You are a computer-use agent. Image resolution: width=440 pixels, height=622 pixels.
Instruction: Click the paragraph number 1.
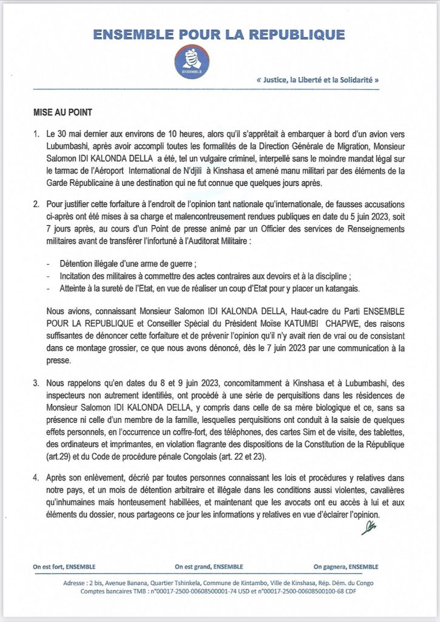click(x=37, y=132)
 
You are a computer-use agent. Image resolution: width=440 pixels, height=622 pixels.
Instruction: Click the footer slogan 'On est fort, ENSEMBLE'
click(x=64, y=567)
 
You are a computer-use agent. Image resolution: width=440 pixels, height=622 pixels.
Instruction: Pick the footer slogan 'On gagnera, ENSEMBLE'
click(x=346, y=567)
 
